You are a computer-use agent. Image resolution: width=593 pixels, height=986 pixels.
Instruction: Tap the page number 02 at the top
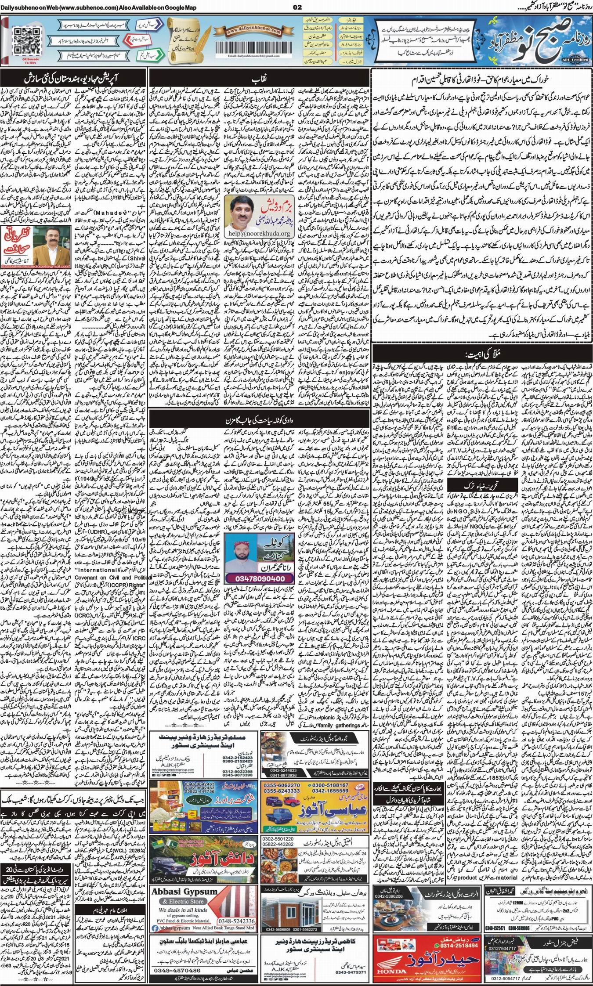[x=296, y=7]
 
